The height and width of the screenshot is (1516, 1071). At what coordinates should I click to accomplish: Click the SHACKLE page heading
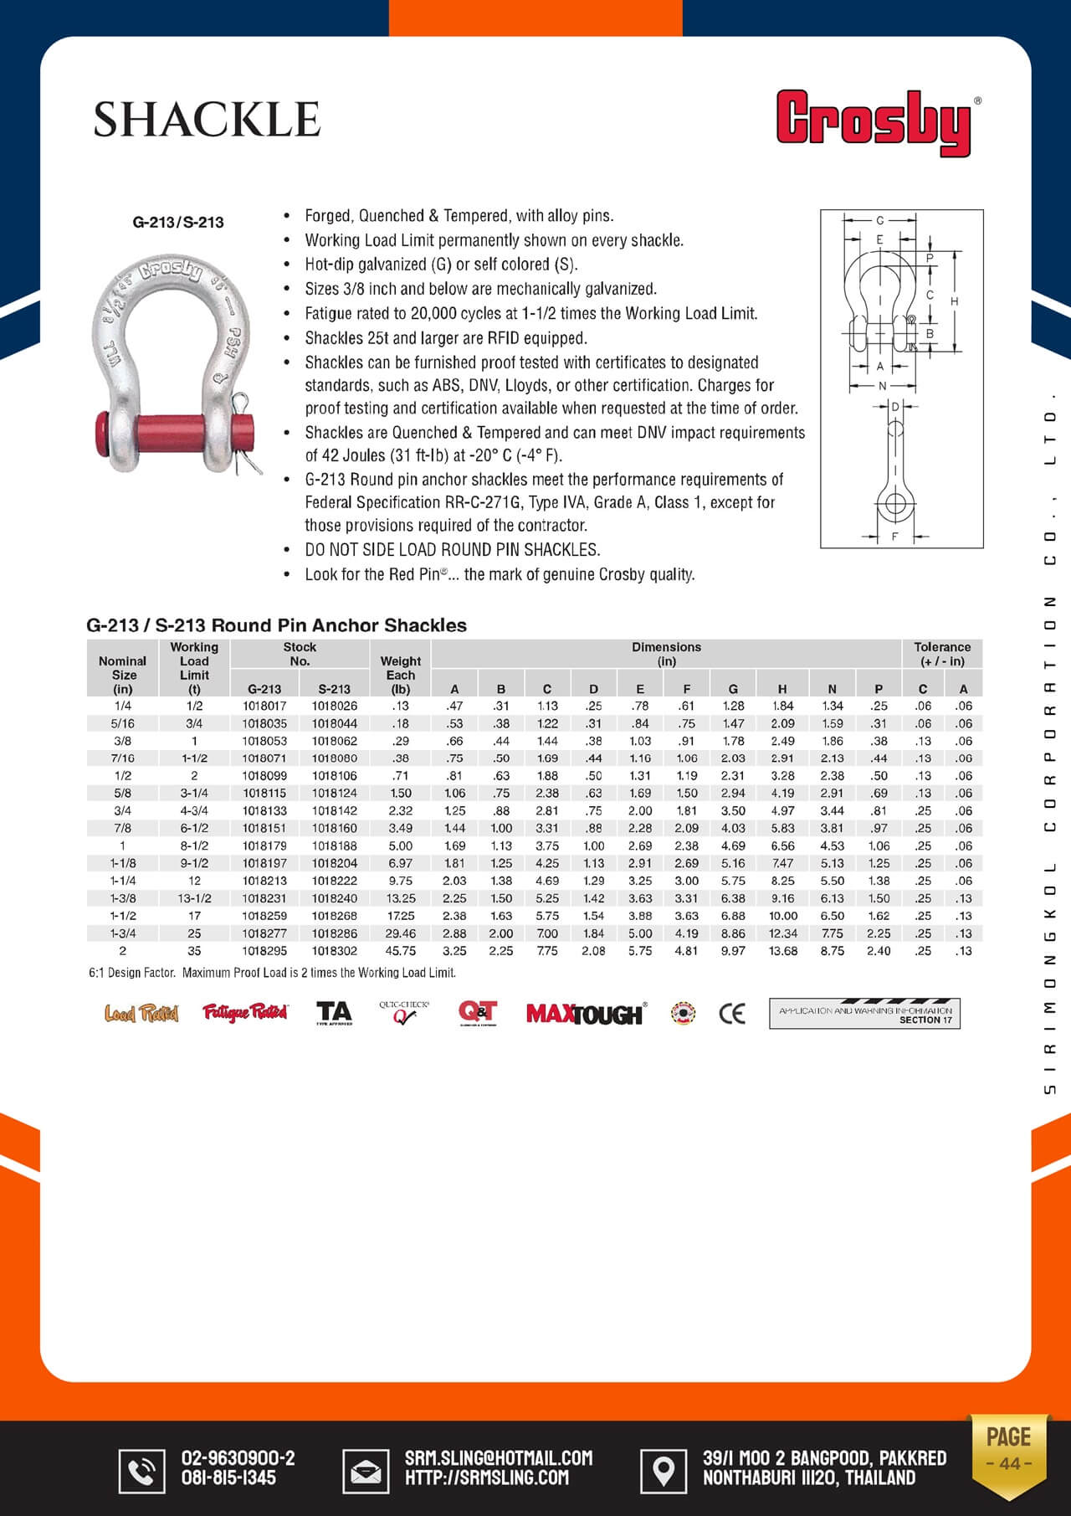coord(207,120)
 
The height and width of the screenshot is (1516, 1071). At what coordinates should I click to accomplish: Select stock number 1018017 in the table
coord(264,706)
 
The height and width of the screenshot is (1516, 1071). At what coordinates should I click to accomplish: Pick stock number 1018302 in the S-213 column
coord(335,951)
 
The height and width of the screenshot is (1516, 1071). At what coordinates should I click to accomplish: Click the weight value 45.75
coord(400,951)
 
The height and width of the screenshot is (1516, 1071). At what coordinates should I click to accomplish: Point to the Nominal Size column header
coord(123,674)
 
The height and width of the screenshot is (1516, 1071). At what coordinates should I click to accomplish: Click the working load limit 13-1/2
coord(194,898)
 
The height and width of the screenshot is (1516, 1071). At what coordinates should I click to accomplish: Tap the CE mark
coord(731,1014)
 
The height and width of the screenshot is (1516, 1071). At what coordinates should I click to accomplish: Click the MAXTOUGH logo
coord(585,1014)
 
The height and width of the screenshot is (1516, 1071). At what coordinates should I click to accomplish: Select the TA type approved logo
coord(334,1013)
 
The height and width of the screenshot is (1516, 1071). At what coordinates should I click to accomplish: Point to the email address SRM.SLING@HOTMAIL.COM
coord(499,1457)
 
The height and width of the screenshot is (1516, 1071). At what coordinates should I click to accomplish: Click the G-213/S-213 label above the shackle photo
coord(178,223)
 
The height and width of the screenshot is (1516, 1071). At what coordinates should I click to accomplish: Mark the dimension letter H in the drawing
coord(954,301)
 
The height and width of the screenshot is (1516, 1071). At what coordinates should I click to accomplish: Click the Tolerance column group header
coord(942,654)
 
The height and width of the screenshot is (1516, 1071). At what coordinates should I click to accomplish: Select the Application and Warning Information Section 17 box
coord(864,1014)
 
